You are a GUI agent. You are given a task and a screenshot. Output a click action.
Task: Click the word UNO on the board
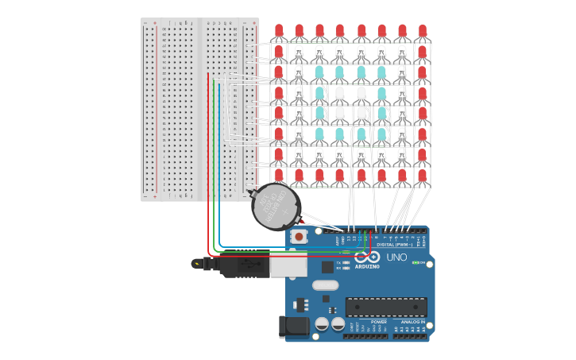tap(396, 257)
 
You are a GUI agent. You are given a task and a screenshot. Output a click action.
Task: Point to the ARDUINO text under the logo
tap(367, 266)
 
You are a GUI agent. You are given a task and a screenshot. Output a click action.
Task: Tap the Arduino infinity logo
tap(367, 257)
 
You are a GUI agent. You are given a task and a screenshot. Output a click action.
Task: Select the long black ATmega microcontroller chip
tap(385, 306)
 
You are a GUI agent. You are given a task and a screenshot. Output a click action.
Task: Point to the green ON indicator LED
tap(415, 262)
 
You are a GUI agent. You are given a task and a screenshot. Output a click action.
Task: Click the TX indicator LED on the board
tap(346, 261)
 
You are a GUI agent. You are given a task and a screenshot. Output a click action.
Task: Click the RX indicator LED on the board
tap(346, 268)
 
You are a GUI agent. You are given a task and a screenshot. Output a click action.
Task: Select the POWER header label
tap(367, 322)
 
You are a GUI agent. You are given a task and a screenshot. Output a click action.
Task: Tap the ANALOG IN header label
tap(408, 322)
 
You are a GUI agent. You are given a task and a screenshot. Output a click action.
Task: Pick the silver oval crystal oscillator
tap(325, 285)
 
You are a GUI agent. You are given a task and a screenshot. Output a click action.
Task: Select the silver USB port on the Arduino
tap(288, 263)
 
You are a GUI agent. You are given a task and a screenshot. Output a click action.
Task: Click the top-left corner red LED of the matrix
tap(279, 30)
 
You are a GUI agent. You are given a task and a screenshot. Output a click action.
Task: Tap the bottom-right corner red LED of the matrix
tap(423, 175)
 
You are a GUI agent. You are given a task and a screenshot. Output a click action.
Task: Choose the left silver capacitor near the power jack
tap(322, 324)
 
